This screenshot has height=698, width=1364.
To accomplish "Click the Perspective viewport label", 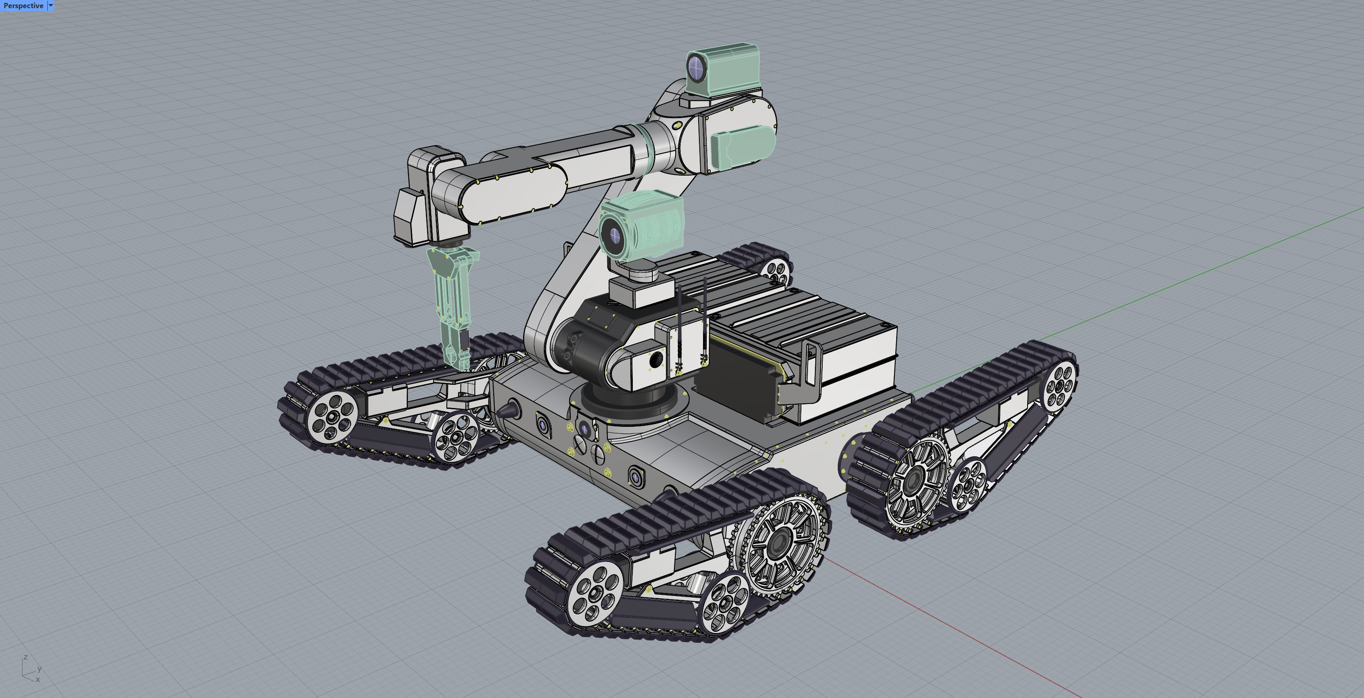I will point(23,5).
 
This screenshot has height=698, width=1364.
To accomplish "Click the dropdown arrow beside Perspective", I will point(51,5).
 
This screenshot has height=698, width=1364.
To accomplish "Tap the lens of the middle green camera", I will point(614,234).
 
